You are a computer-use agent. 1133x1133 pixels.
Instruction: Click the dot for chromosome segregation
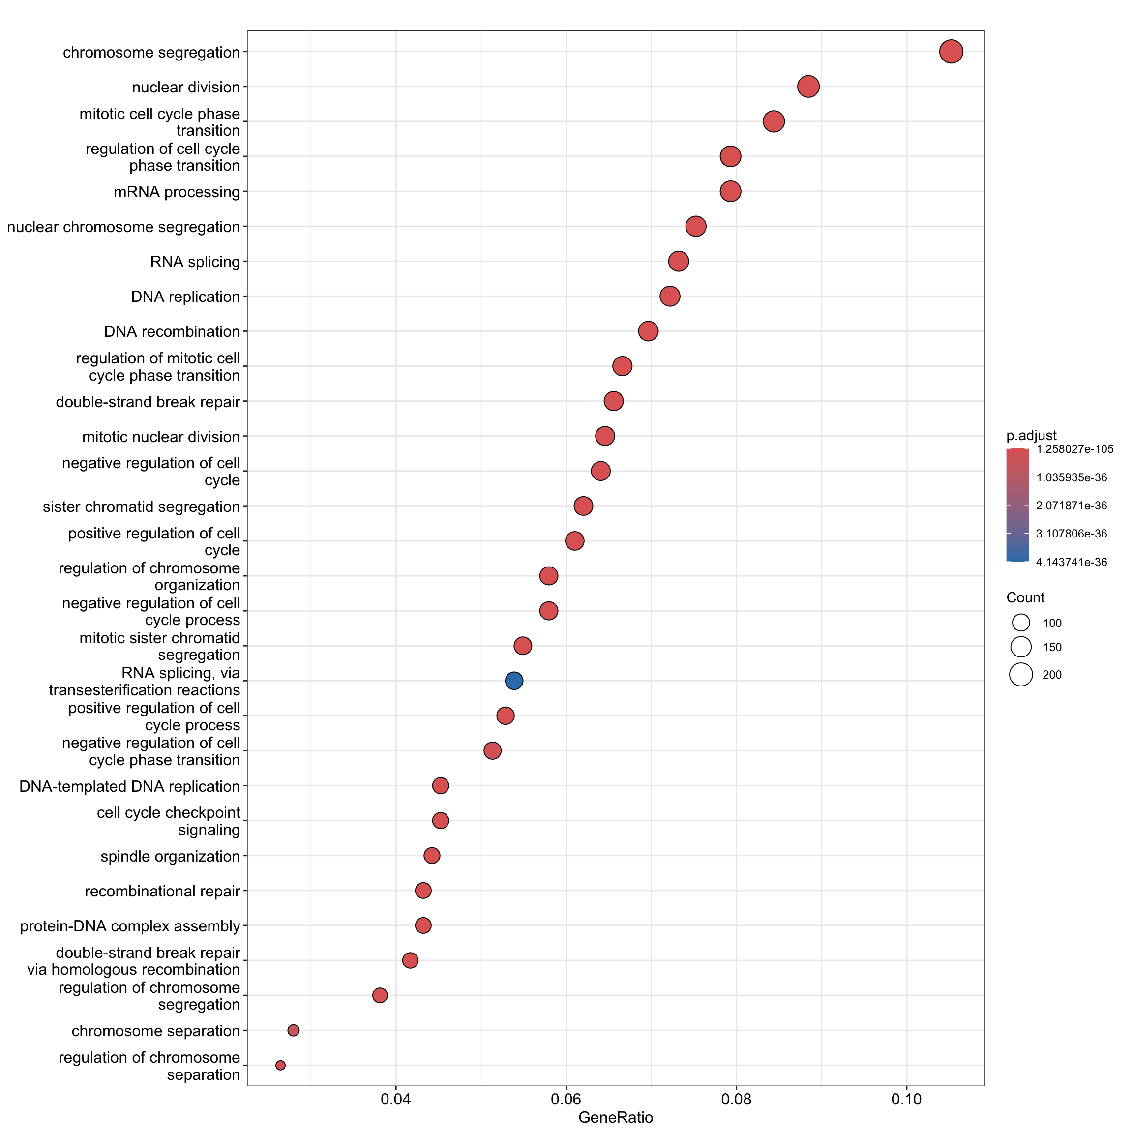pos(951,52)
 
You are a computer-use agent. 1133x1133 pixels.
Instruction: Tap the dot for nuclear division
pos(808,87)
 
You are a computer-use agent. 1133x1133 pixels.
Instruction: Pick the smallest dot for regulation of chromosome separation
pos(280,1065)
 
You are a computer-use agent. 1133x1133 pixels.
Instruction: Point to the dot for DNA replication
pos(670,296)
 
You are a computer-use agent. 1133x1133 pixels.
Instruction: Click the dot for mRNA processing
pos(730,191)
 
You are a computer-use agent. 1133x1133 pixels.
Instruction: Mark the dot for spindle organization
pos(432,856)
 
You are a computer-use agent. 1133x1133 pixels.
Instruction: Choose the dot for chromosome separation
pos(293,1030)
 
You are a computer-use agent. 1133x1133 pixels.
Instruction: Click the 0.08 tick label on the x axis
pos(736,1100)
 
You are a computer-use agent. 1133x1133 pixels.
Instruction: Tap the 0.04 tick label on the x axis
pos(396,1100)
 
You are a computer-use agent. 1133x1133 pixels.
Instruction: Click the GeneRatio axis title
pos(615,1118)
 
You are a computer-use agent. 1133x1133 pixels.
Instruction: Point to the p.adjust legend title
pos(1032,435)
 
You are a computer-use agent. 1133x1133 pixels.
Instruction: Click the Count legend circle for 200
pos(1021,674)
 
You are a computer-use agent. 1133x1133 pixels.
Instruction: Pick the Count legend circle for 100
pos(1021,623)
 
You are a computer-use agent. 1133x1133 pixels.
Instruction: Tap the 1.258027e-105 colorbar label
pos(1074,449)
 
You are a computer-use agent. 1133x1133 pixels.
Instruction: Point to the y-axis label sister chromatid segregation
pos(141,507)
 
